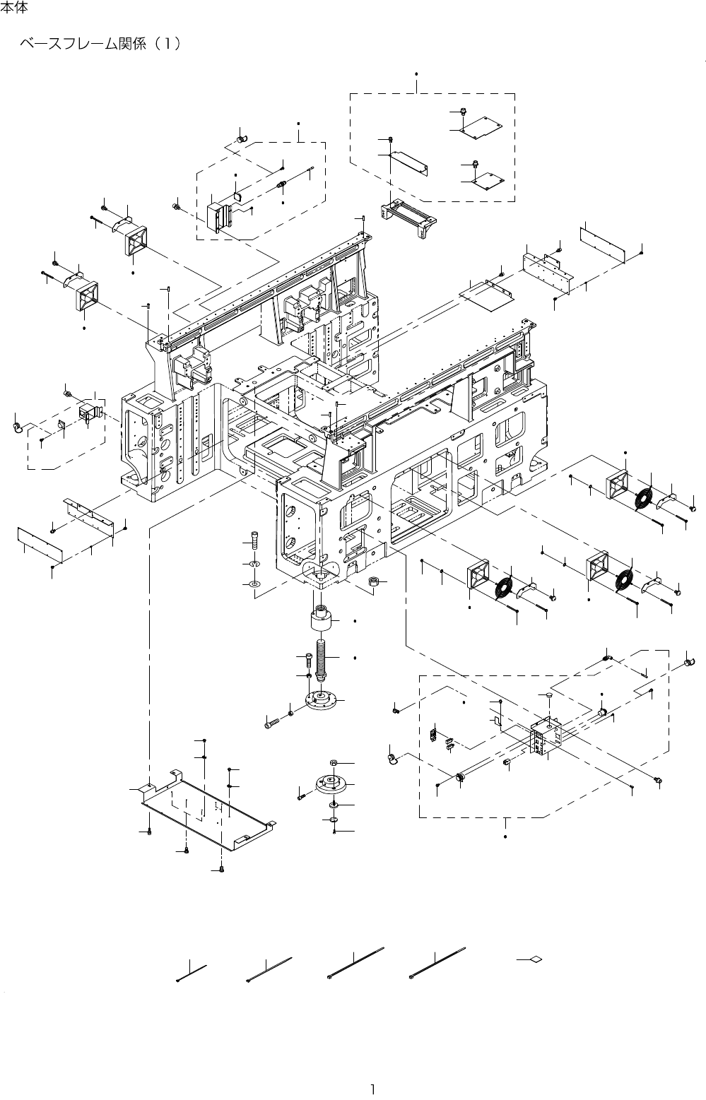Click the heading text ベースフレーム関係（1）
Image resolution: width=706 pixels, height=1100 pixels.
click(x=101, y=44)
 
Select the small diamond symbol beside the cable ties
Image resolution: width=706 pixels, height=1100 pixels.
click(x=535, y=959)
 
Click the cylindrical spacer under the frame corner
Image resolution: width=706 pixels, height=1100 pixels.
click(x=322, y=621)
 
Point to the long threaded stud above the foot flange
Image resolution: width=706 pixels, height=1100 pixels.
click(x=322, y=657)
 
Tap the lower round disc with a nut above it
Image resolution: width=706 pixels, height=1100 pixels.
click(x=333, y=786)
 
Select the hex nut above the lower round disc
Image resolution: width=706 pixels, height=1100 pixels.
click(x=334, y=764)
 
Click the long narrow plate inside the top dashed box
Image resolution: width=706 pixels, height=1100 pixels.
click(x=411, y=162)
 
